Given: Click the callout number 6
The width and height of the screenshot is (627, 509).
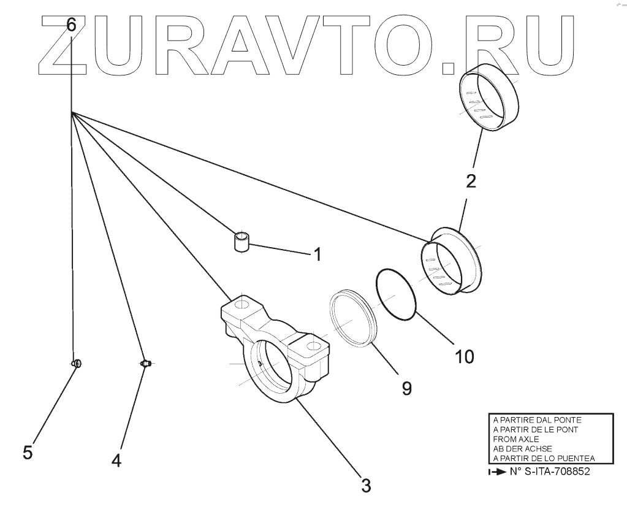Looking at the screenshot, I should [71, 25].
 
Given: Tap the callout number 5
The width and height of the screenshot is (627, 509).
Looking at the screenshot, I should [28, 452].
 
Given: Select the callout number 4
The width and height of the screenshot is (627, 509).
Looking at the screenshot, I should [116, 459].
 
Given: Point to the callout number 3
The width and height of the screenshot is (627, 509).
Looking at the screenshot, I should [365, 486].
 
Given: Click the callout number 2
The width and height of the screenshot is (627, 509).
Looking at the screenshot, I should [471, 181].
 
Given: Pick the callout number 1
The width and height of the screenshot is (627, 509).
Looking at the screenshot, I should [317, 254].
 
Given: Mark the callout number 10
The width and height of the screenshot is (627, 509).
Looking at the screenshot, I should [463, 356].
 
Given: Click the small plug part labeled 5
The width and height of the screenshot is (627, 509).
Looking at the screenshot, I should [77, 364].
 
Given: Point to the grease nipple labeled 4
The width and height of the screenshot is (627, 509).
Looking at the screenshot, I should [146, 364].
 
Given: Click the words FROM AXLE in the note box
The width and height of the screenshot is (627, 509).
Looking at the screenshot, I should [516, 439].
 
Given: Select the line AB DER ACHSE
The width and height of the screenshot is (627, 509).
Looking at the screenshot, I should [522, 448].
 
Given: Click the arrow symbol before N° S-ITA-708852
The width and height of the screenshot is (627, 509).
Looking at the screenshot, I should [493, 472].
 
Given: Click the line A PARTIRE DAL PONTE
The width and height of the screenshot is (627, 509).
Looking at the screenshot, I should [537, 420].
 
